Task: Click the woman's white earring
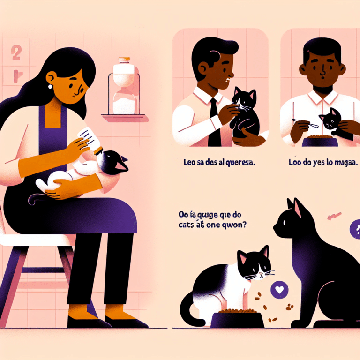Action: (50, 86)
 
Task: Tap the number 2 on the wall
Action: (16, 53)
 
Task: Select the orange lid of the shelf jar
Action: (124, 60)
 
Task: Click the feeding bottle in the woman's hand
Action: (90, 138)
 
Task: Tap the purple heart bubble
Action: (280, 289)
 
